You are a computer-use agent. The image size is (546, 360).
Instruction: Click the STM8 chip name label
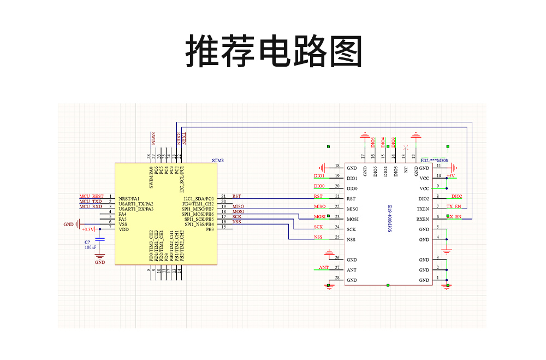(218, 161)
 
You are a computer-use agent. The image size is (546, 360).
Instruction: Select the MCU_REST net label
(91, 196)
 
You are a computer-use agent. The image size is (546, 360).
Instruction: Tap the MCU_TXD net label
(91, 202)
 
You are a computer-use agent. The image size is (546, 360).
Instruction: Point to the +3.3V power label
(88, 229)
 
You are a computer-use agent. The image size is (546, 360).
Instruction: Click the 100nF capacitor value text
(90, 247)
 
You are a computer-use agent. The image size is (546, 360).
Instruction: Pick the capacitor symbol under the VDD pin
(100, 239)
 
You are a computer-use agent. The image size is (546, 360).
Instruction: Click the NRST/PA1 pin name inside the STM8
(129, 198)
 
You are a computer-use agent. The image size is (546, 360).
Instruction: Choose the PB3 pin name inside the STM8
(209, 229)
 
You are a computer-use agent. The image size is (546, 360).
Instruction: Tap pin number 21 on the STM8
(223, 196)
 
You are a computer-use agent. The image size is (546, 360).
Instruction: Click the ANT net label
(324, 268)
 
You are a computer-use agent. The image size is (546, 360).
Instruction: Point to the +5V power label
(452, 176)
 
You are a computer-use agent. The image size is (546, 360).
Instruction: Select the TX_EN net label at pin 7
(454, 206)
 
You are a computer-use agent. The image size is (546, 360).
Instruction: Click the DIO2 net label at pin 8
(456, 196)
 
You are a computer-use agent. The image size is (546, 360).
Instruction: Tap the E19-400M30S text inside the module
(390, 219)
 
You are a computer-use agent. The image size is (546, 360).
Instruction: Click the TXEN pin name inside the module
(423, 209)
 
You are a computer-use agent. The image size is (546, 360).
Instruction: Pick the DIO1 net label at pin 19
(319, 176)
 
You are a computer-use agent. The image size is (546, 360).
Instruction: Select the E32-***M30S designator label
(435, 161)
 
